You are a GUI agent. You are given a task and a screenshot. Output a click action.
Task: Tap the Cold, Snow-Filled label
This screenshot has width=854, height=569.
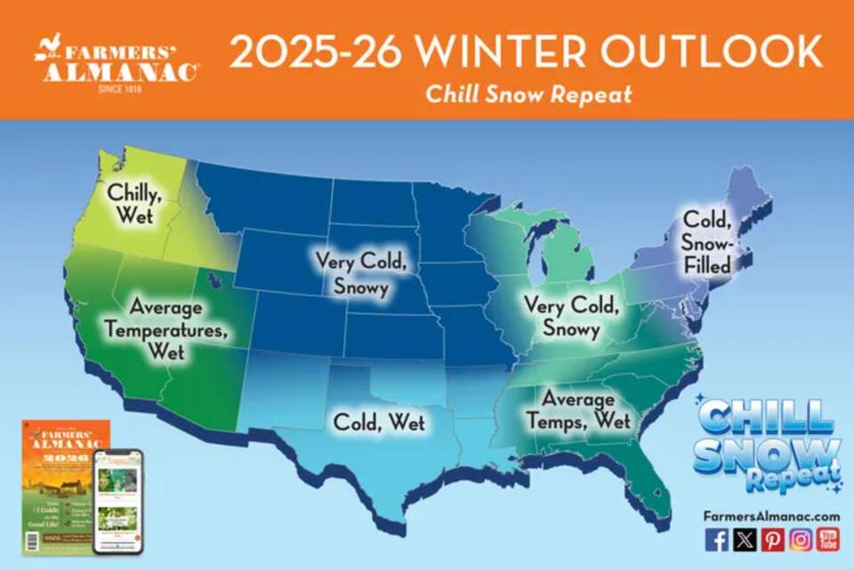(706, 242)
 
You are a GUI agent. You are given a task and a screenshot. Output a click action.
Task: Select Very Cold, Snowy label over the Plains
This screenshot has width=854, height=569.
(359, 274)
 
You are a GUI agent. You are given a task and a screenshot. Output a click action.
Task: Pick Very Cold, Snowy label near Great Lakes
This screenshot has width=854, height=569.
(570, 317)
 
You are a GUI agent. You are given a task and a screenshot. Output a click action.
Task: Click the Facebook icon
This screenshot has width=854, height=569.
(716, 539)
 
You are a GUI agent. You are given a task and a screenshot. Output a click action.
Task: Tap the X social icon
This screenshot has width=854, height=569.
(745, 539)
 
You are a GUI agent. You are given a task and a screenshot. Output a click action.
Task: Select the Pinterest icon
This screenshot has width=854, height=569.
(772, 539)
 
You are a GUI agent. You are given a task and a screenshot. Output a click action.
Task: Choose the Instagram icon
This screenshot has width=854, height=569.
(801, 539)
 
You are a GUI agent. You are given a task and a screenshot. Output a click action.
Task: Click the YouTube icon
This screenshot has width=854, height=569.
(828, 539)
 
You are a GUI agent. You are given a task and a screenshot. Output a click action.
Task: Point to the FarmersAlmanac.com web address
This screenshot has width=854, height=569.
(771, 516)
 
